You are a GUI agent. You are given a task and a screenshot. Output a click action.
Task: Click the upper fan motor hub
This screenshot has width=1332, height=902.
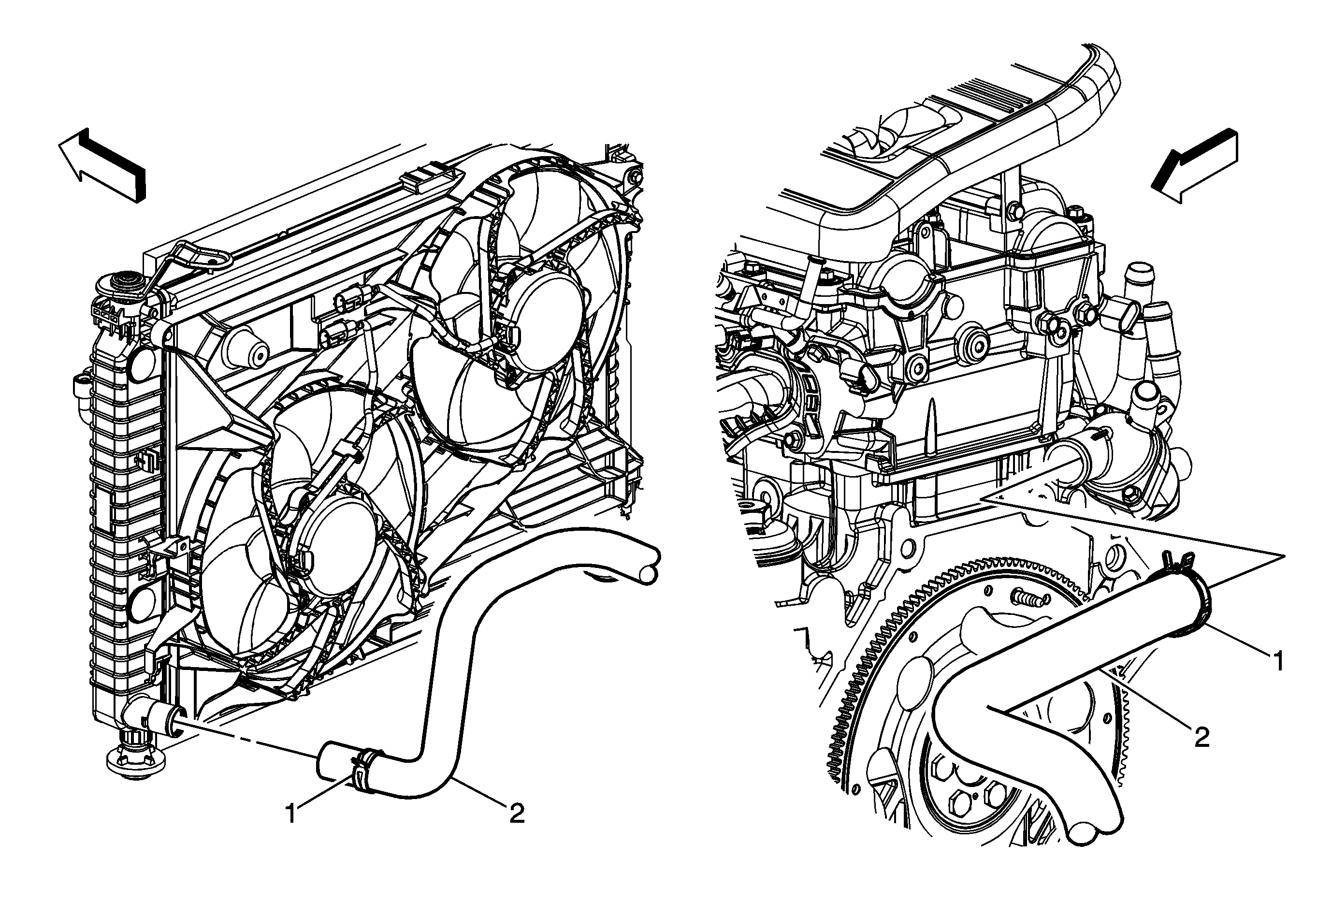542,321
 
